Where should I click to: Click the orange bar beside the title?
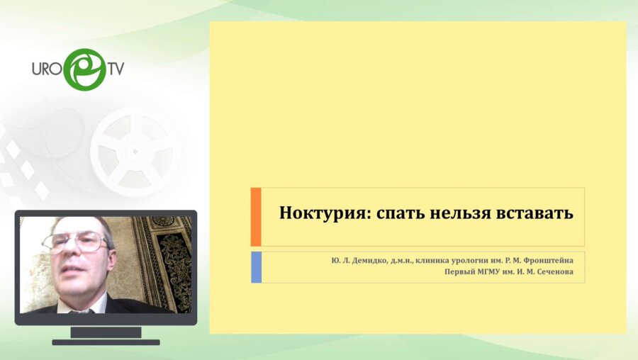pos(256,217)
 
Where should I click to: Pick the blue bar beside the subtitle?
pos(256,267)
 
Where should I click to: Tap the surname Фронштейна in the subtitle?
pos(548,260)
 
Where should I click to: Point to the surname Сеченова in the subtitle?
pos(554,272)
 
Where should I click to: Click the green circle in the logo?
pos(84,69)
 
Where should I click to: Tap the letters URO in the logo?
pos(47,69)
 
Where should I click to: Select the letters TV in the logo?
pos(116,69)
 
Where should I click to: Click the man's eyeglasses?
pos(75,243)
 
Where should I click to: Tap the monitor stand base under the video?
pos(106,342)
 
